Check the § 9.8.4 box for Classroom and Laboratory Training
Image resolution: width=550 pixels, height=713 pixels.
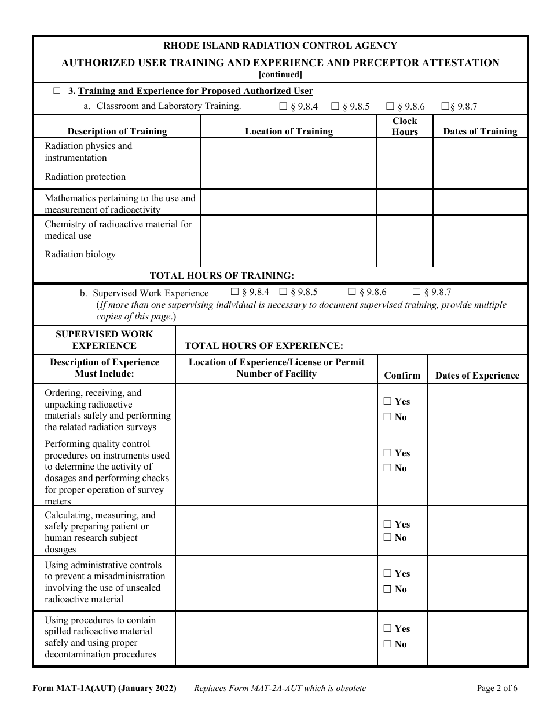point(283,106)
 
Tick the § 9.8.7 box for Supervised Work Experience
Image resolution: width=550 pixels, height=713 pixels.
point(416,292)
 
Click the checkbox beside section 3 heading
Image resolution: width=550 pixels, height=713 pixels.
point(57,91)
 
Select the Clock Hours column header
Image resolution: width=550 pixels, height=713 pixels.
point(405,126)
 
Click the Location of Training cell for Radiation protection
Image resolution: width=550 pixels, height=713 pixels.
point(289,177)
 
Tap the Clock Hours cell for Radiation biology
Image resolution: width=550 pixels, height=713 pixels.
point(405,254)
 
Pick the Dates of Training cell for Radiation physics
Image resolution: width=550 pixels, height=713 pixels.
point(480,151)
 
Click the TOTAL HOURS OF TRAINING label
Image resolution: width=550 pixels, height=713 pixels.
point(222,276)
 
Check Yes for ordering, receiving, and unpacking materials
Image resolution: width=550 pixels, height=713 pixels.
point(387,401)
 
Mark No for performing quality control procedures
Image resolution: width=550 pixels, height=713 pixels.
point(387,468)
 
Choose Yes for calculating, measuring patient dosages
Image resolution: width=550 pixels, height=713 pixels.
point(387,524)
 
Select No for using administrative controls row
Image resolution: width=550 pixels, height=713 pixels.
point(387,590)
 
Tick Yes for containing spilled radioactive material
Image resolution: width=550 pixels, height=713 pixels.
point(387,629)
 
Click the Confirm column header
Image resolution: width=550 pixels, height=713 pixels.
point(402,375)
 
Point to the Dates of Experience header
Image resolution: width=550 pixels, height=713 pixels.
point(477,375)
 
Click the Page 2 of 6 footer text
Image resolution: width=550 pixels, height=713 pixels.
point(497,689)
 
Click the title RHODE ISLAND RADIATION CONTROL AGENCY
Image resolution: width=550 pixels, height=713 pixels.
point(280,46)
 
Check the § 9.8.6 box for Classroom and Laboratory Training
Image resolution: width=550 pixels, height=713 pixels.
point(390,106)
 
